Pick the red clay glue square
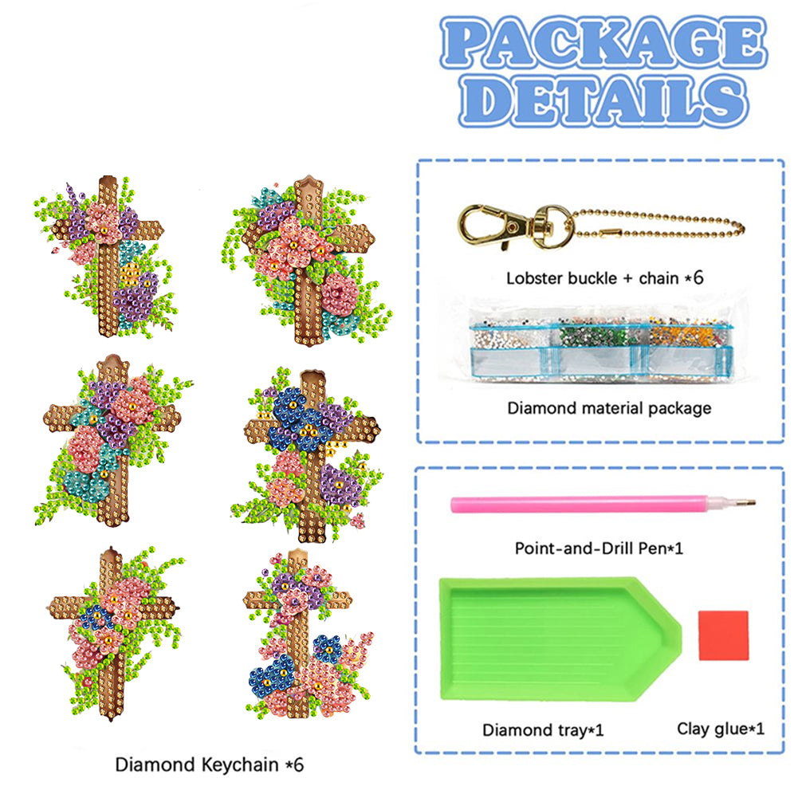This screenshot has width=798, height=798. [723, 635]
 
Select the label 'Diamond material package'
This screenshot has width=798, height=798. [609, 408]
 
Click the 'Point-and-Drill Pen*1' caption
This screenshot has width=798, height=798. [599, 548]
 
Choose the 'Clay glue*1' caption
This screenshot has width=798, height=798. [721, 728]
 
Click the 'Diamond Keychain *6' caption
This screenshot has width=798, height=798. [210, 765]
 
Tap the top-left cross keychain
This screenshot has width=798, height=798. [110, 251]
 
